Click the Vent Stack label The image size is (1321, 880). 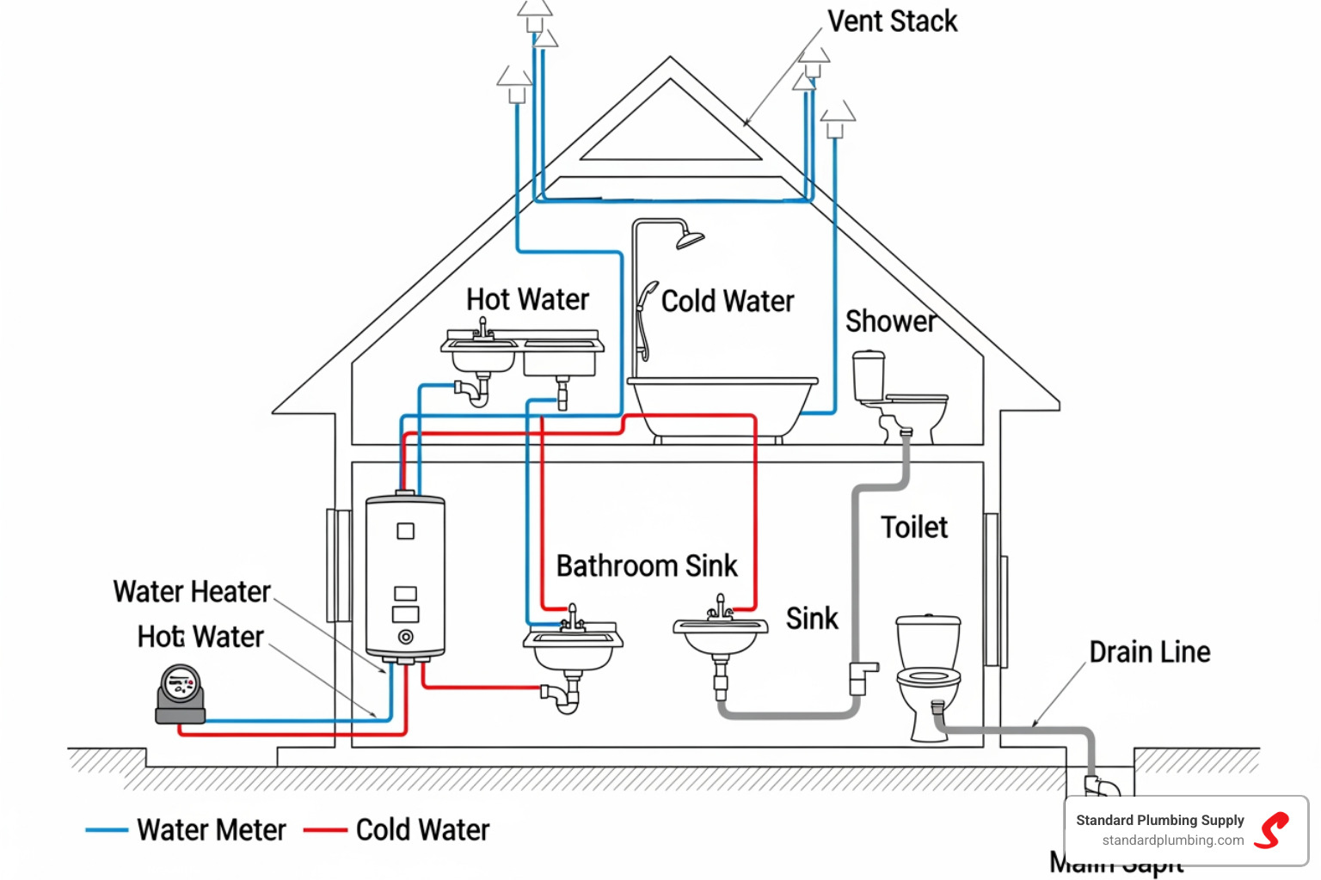click(x=892, y=21)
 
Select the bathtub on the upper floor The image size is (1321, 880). click(x=722, y=407)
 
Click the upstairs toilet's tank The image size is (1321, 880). click(x=869, y=376)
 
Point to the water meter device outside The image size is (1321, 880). click(x=181, y=693)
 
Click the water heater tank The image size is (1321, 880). click(x=405, y=576)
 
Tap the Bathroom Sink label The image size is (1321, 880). click(x=647, y=566)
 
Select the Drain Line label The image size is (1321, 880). click(x=1149, y=652)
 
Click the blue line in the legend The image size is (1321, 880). click(x=107, y=830)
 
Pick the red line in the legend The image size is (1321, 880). click(x=325, y=830)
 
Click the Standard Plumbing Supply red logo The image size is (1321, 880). click(x=1271, y=830)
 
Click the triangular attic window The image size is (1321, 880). click(x=671, y=129)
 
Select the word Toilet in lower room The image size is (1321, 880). click(x=913, y=527)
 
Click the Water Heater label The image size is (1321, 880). click(x=192, y=592)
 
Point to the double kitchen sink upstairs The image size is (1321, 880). click(x=522, y=349)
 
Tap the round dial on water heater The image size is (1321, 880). click(x=405, y=637)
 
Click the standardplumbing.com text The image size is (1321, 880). click(x=1172, y=840)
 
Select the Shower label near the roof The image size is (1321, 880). click(x=890, y=321)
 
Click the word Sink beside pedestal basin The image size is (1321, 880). click(x=811, y=619)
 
